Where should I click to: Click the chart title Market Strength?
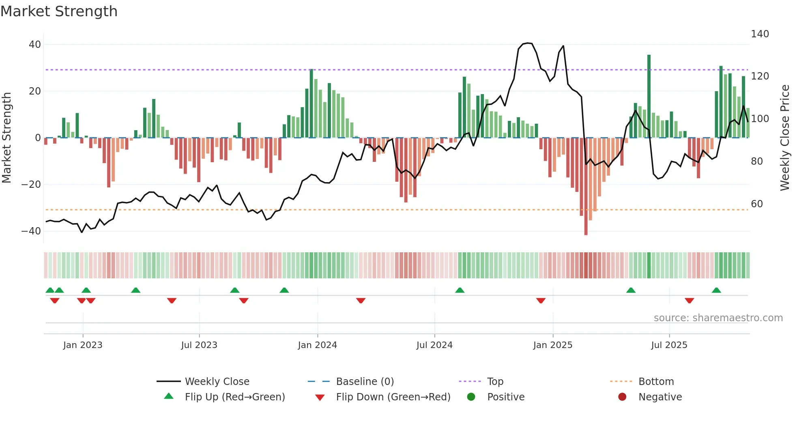(x=59, y=11)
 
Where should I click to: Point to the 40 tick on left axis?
(x=35, y=45)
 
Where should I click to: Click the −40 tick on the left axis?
(x=31, y=231)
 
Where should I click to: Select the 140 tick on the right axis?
(x=760, y=34)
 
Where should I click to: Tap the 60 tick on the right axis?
(x=757, y=204)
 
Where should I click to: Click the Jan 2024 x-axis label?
(x=317, y=345)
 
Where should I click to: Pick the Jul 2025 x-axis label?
(x=669, y=345)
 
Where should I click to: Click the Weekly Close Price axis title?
(x=785, y=138)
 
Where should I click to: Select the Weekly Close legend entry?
(x=217, y=382)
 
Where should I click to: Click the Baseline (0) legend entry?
(x=365, y=382)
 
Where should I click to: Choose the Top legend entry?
(x=495, y=382)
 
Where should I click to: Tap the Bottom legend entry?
(x=656, y=382)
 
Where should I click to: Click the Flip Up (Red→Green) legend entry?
(x=234, y=397)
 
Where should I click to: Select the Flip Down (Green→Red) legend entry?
(x=393, y=397)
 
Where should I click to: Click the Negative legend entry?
(x=660, y=397)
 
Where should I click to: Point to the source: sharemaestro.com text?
(x=718, y=318)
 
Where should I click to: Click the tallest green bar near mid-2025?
(x=649, y=96)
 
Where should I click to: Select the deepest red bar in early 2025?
(x=586, y=187)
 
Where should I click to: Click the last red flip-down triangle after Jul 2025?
(x=689, y=301)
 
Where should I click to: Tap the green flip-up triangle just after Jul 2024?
(x=460, y=290)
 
